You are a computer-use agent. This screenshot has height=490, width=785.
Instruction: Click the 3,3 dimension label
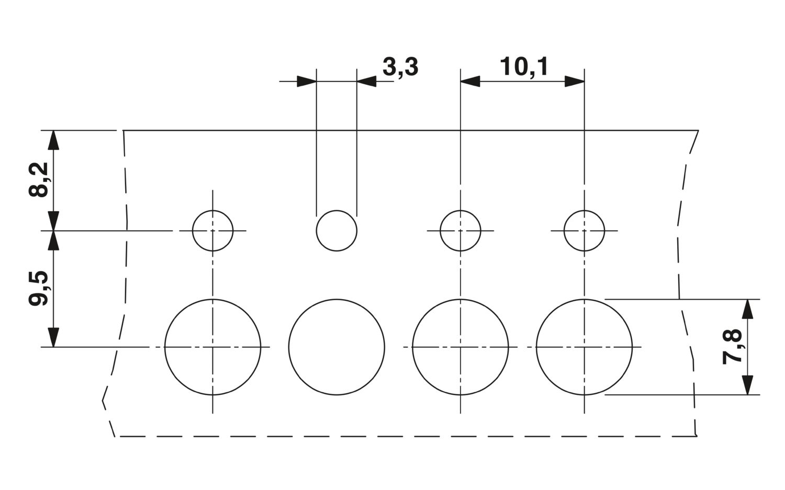click(x=400, y=67)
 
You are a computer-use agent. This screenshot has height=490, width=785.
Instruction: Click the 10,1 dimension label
click(x=524, y=66)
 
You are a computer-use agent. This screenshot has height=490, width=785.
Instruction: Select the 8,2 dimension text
click(x=39, y=180)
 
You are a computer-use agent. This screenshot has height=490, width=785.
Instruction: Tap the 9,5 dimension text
click(x=39, y=288)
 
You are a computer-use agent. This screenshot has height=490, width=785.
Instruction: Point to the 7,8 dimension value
click(x=732, y=347)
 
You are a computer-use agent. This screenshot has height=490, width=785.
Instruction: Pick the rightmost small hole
click(x=604, y=231)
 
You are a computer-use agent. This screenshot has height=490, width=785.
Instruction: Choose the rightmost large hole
click(x=632, y=347)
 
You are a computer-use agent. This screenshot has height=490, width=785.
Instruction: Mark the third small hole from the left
click(x=480, y=231)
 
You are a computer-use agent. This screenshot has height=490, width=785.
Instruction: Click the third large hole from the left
click(x=508, y=347)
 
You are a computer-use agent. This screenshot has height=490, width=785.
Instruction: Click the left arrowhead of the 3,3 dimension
click(x=307, y=81)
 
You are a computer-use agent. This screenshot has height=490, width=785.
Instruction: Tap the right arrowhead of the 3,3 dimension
click(x=366, y=81)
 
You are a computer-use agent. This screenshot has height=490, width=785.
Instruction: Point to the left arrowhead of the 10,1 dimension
click(x=470, y=81)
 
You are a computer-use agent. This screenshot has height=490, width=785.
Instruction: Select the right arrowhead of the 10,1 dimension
click(x=575, y=81)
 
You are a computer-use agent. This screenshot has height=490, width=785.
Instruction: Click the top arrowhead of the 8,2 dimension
click(x=53, y=140)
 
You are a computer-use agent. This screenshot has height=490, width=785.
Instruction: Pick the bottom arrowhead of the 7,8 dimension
click(x=747, y=385)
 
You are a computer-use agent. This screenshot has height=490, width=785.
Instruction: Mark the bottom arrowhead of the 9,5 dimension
click(x=53, y=337)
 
